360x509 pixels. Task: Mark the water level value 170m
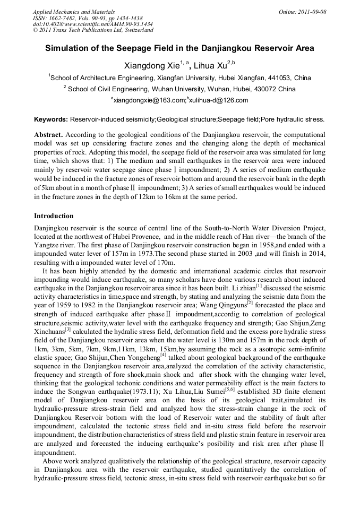click(x=165, y=262)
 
